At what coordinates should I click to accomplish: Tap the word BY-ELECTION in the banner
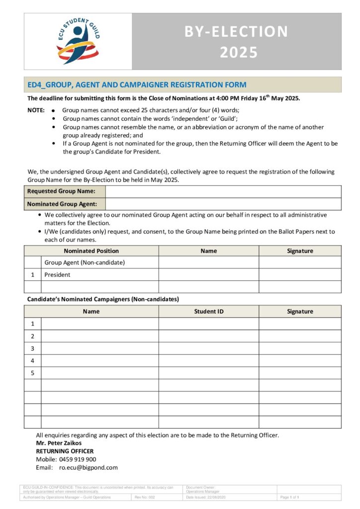click(x=236, y=31)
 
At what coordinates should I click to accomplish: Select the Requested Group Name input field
click(x=223, y=191)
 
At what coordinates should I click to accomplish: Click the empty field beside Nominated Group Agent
click(x=223, y=204)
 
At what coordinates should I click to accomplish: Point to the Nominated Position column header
click(x=91, y=251)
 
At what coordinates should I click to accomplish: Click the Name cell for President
click(x=208, y=275)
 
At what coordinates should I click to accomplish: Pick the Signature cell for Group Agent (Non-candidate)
click(x=300, y=262)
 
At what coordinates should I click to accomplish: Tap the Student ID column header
click(x=208, y=312)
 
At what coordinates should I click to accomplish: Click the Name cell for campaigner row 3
click(x=99, y=348)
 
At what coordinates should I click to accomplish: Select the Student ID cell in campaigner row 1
click(x=208, y=324)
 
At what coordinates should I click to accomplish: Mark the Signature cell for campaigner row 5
click(x=300, y=373)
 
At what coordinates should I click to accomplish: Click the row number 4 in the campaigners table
click(x=32, y=360)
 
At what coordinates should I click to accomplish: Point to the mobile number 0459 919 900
click(x=78, y=459)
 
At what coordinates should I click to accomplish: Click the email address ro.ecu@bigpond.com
click(x=88, y=468)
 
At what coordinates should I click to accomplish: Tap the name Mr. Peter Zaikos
click(x=59, y=443)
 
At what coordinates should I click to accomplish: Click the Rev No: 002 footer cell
click(x=145, y=497)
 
